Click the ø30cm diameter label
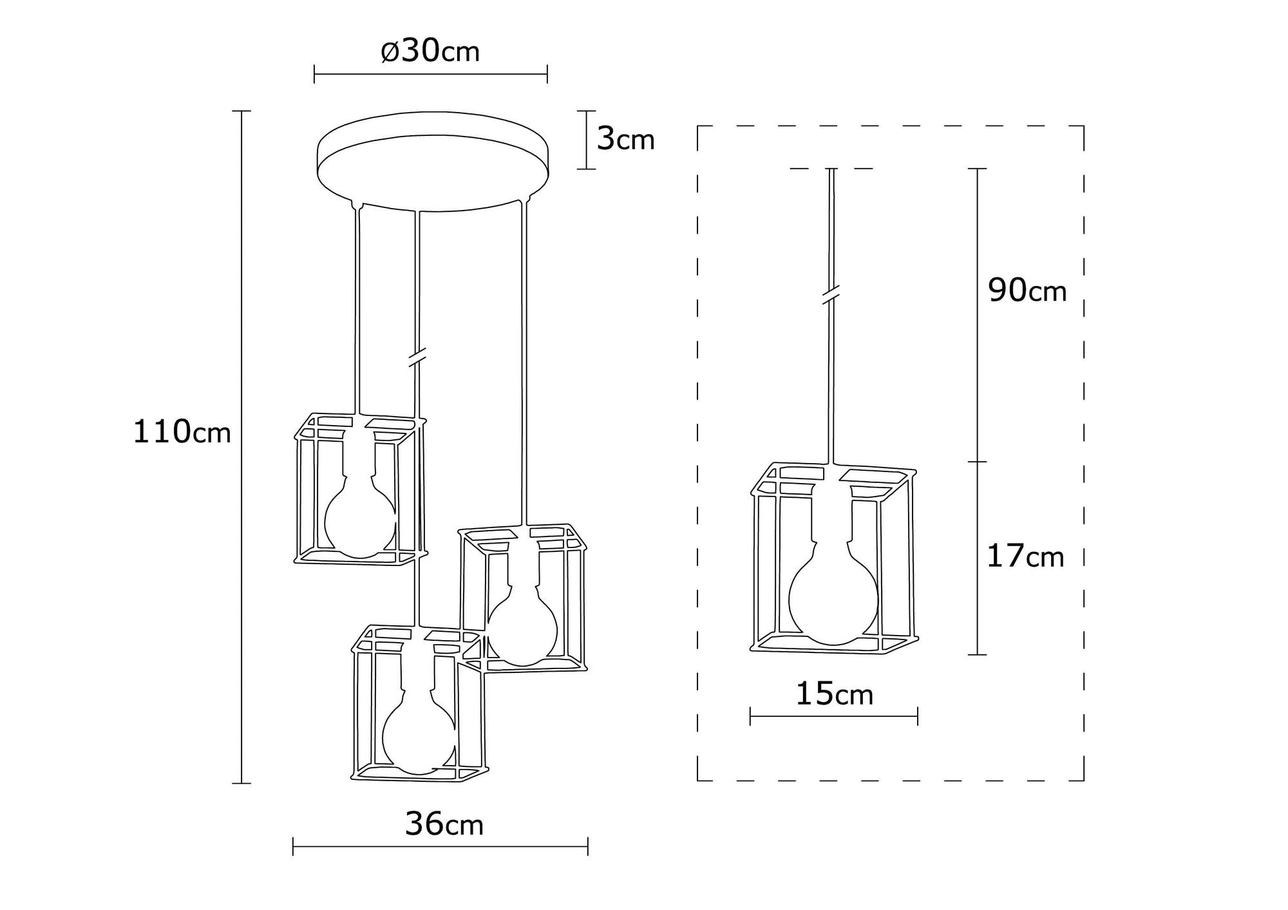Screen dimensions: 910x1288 pos(430,51)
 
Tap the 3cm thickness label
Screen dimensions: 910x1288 pos(625,139)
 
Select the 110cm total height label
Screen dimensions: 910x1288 pos(182,432)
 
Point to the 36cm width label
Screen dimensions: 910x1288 pos(444,825)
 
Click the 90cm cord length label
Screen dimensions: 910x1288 pos(1027,291)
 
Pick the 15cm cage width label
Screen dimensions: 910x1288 pos(835,695)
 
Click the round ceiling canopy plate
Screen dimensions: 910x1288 pos(433,161)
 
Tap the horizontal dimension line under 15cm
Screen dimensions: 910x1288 pos(833,716)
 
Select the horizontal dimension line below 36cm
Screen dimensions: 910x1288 pos(440,846)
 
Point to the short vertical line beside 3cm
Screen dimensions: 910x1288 pos(585,140)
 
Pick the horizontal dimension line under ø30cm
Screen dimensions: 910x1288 pos(430,74)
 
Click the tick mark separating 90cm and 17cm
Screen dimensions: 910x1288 pos(978,462)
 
